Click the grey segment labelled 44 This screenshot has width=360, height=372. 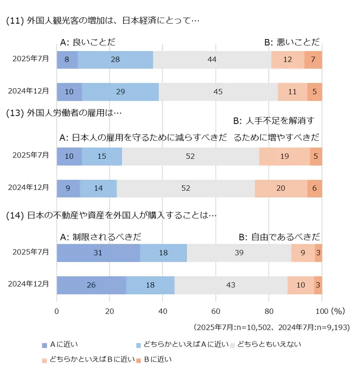[x=212, y=60]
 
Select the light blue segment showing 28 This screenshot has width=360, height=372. [x=116, y=60]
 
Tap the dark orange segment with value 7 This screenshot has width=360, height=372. [x=313, y=60]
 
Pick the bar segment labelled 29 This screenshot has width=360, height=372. [x=121, y=92]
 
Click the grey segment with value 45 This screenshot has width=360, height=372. [x=218, y=92]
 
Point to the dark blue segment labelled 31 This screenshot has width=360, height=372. [x=98, y=252]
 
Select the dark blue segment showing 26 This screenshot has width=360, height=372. [x=91, y=285]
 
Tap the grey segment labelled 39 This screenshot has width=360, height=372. [x=239, y=252]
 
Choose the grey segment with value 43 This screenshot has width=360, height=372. [x=231, y=285]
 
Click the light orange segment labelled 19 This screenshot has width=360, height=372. [x=285, y=157]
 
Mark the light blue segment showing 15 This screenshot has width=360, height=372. [x=102, y=157]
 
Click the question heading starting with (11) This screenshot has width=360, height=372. [x=102, y=21]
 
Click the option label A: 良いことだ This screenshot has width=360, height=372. [x=88, y=42]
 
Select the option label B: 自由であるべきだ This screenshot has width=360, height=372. [x=280, y=237]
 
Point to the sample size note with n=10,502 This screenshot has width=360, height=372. [x=271, y=327]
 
